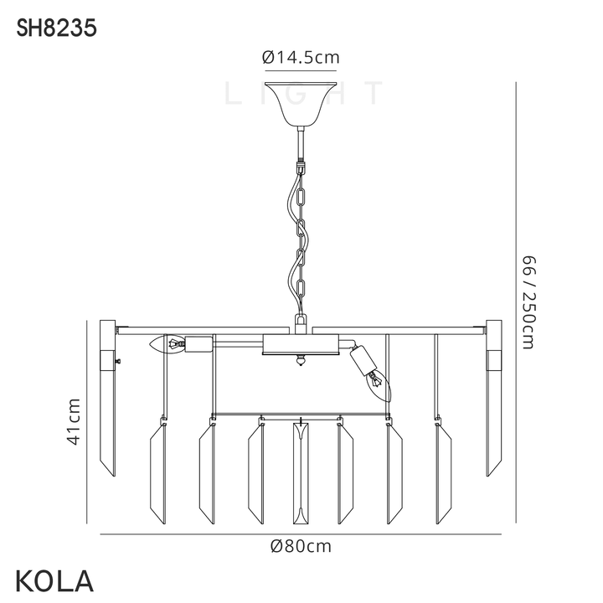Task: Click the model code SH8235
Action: tap(56, 28)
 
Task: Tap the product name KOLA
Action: tap(54, 580)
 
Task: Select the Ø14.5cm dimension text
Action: tap(301, 58)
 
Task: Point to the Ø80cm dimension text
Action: tap(301, 546)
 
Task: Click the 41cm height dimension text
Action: tap(73, 421)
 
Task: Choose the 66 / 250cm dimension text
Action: tap(528, 302)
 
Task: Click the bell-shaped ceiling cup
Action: tap(301, 104)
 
